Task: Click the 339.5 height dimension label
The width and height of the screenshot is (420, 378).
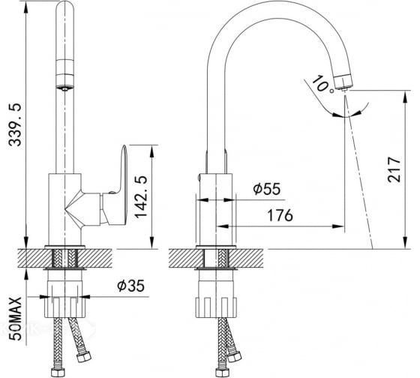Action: point(15,125)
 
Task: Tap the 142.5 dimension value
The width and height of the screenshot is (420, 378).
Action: point(141,197)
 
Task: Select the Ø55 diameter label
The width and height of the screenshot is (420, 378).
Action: point(267,188)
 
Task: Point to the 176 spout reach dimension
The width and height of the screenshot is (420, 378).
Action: point(280,215)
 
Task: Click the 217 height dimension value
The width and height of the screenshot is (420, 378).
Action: point(394,169)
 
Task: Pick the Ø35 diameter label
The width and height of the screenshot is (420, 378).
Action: point(130,286)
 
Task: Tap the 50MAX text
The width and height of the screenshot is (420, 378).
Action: point(15,319)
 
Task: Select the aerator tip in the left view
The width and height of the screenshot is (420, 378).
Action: point(64,88)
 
